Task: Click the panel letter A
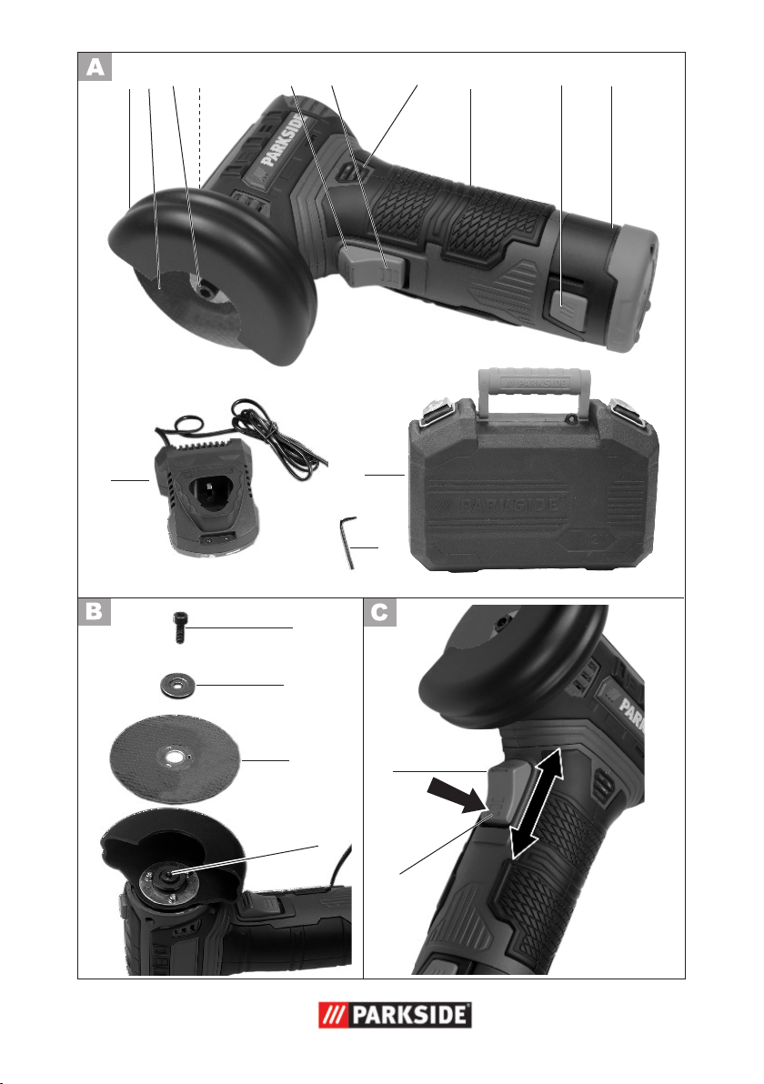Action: (95, 67)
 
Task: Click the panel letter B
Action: (95, 612)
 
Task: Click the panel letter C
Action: (380, 613)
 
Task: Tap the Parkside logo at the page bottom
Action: (395, 1015)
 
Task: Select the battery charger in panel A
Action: (207, 497)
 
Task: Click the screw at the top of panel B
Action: (180, 627)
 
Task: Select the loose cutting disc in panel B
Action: (175, 758)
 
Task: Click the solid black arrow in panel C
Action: (456, 795)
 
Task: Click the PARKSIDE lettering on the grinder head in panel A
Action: (284, 141)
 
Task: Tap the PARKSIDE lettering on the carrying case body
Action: (509, 505)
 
